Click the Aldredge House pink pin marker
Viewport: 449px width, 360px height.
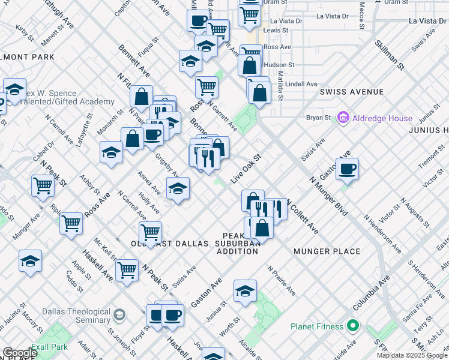point(343,118)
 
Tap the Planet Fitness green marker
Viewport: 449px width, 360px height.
point(353,326)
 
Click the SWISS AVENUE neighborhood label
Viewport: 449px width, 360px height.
point(351,92)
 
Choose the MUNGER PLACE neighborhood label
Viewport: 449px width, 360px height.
point(327,251)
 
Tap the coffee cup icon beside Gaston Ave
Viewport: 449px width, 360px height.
point(347,169)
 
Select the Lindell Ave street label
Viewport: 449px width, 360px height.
point(301,84)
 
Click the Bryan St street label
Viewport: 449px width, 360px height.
point(319,118)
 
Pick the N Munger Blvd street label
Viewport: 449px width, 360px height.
point(328,196)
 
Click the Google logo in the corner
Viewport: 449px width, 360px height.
point(20,353)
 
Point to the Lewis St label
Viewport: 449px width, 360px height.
point(276,30)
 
